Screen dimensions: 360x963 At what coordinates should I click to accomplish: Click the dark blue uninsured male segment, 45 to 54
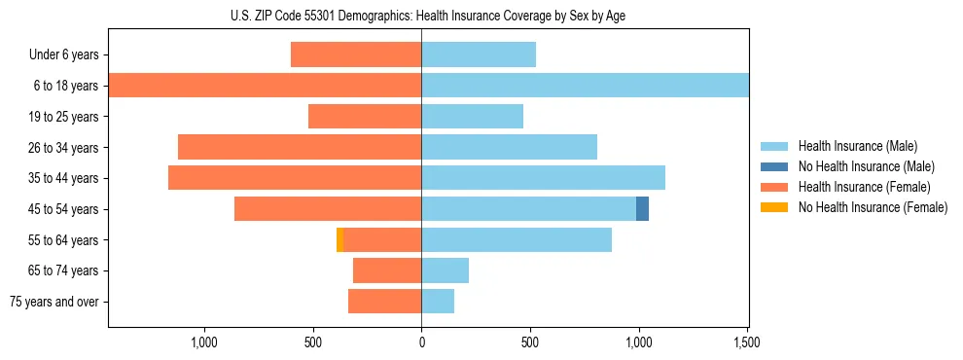click(642, 209)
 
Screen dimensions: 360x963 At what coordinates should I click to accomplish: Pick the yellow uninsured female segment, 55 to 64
click(339, 240)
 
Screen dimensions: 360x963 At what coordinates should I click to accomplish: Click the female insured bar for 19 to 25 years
click(365, 117)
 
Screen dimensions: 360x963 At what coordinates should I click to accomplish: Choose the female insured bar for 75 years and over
click(384, 302)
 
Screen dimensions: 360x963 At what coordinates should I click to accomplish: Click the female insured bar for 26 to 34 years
click(300, 148)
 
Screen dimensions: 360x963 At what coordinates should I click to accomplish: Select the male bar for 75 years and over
click(438, 302)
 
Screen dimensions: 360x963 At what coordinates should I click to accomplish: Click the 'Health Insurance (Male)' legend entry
click(856, 146)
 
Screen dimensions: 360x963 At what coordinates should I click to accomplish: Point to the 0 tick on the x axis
click(421, 342)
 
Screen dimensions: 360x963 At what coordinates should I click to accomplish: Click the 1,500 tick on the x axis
click(747, 342)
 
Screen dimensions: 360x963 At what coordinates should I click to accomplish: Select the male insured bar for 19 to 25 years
click(472, 117)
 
